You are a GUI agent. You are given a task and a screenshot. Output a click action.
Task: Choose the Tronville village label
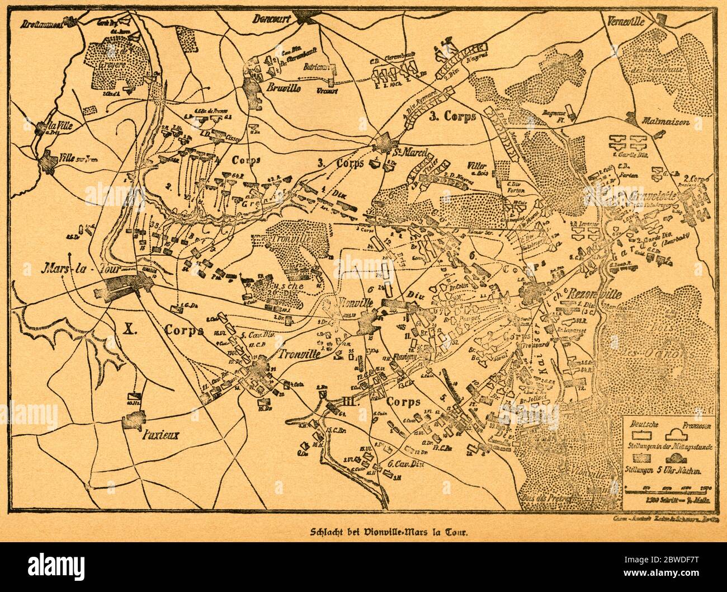point(300,354)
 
